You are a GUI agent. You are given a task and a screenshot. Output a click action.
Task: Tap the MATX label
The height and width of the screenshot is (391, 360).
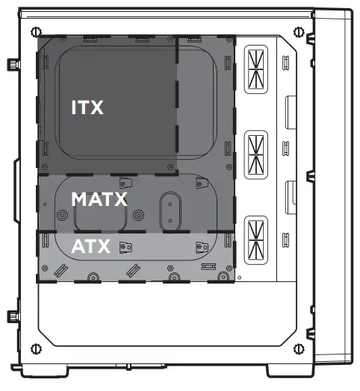(99, 199)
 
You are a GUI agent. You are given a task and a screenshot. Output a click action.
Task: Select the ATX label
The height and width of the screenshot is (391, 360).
(90, 245)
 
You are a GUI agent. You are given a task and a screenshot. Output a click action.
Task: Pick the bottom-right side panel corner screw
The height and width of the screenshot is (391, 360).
(299, 347)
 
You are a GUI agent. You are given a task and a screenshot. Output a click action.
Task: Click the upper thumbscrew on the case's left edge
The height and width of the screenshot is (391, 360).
(12, 65)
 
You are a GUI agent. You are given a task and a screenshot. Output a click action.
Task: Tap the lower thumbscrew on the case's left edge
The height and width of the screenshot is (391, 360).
(12, 318)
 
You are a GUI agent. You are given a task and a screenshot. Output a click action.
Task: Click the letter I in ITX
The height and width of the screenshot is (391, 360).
(73, 107)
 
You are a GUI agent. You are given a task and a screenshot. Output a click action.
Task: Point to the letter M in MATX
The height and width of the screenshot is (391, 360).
(79, 199)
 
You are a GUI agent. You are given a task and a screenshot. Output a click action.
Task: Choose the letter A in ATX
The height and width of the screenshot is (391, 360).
(78, 245)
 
